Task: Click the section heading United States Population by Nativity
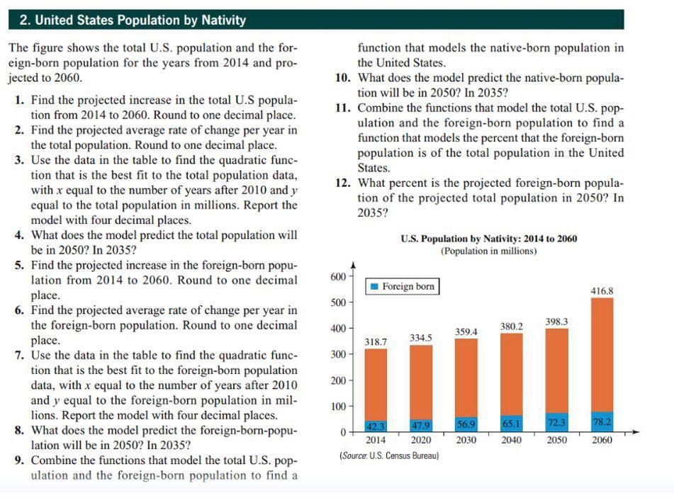[133, 20]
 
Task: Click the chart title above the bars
[488, 239]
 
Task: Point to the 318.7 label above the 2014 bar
[375, 341]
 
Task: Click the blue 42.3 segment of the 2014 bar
[375, 426]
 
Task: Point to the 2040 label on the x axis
[511, 440]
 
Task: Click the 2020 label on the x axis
[420, 440]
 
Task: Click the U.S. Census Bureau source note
[389, 455]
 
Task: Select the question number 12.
[343, 182]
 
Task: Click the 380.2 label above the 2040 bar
[511, 327]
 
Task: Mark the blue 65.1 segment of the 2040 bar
[511, 424]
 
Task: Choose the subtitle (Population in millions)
[488, 251]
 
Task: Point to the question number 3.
[19, 159]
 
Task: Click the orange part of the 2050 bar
[556, 368]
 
